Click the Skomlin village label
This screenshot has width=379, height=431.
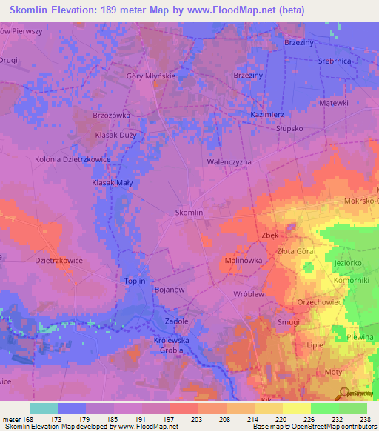tap(189, 213)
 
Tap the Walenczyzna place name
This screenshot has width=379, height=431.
tap(229, 161)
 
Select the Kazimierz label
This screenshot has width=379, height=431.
tap(267, 116)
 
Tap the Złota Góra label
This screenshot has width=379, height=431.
tap(298, 251)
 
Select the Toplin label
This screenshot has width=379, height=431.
tap(135, 281)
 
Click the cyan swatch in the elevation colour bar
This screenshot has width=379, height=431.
tap(43, 408)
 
